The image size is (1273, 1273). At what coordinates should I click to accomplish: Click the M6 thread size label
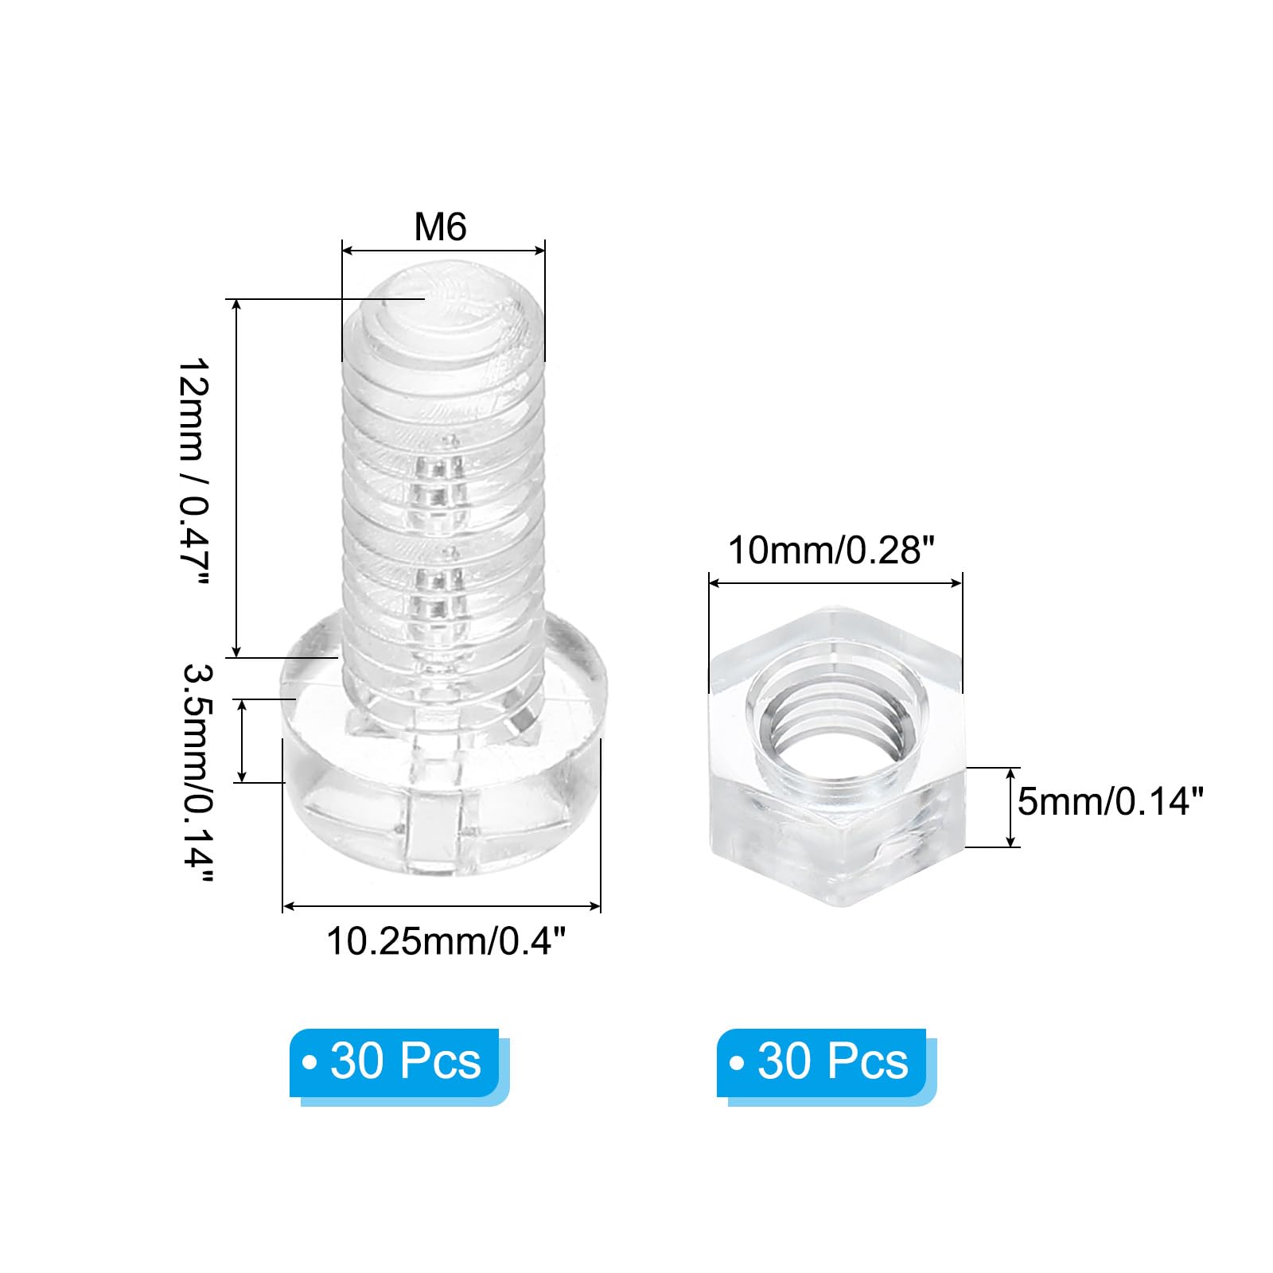(440, 227)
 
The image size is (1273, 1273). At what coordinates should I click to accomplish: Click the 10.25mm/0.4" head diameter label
(446, 941)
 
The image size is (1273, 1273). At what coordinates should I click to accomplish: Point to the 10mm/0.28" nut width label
(831, 550)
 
